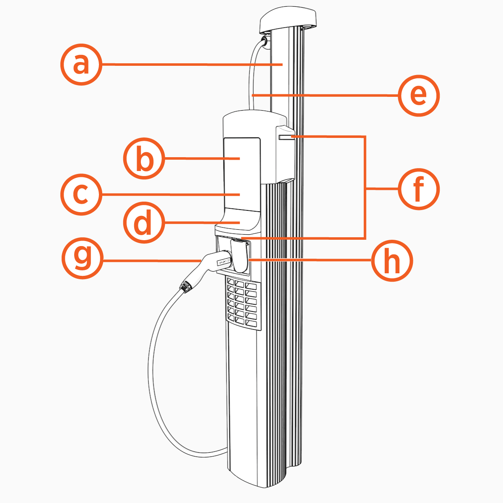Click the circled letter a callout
81,65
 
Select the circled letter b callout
144,159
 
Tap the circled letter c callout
81,194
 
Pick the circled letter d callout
144,223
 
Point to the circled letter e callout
419,96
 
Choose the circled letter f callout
419,189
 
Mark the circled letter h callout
393,261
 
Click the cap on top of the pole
288,21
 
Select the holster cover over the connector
239,256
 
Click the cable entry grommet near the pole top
264,41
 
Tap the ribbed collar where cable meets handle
186,286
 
